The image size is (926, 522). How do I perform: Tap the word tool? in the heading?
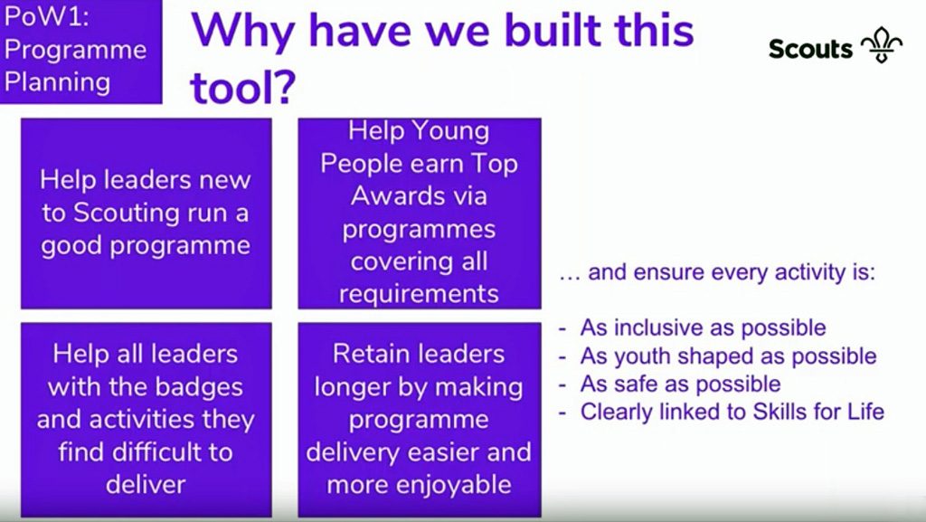pos(242,87)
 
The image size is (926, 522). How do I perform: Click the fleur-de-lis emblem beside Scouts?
pos(882,45)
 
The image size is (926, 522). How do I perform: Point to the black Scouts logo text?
pos(810,48)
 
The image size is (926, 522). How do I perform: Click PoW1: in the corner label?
pos(46,16)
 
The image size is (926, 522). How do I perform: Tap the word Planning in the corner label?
pos(57,82)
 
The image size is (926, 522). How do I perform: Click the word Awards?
pos(394,196)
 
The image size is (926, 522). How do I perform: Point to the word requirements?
pos(419,293)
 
